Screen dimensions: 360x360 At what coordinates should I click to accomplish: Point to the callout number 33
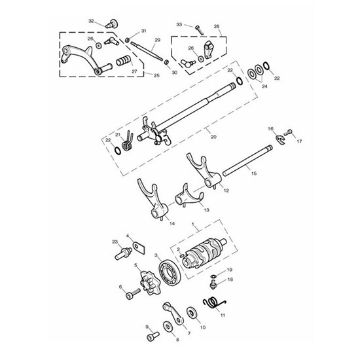(179, 24)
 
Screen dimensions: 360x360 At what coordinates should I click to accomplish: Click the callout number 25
(156, 76)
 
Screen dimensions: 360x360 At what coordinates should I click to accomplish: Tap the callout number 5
(136, 264)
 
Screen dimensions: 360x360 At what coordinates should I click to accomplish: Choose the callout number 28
(217, 27)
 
